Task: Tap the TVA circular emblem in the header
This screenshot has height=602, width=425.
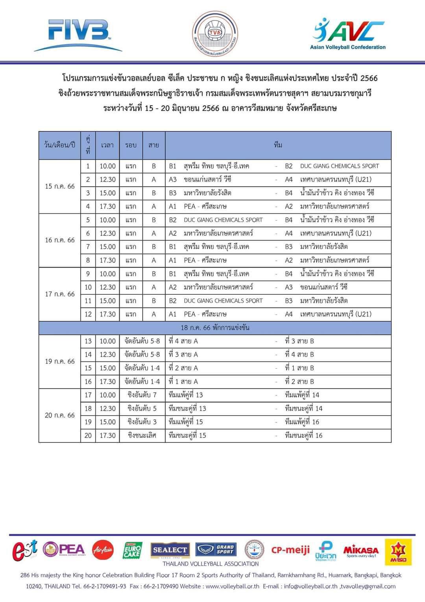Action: click(215, 33)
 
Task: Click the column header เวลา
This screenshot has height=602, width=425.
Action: click(107, 145)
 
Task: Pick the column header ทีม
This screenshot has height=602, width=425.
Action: click(278, 145)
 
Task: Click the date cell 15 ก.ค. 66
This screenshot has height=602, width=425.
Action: click(59, 186)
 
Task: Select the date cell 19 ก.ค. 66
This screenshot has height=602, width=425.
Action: click(59, 361)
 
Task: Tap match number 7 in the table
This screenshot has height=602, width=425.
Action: click(88, 247)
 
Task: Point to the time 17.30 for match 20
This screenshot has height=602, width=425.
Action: click(107, 435)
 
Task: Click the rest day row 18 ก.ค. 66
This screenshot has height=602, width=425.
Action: click(215, 327)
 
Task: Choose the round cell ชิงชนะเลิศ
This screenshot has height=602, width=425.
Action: click(142, 435)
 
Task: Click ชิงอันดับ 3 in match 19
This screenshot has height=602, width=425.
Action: click(142, 422)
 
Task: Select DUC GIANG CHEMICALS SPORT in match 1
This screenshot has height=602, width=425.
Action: click(339, 166)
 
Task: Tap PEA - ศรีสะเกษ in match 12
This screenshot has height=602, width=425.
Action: click(205, 314)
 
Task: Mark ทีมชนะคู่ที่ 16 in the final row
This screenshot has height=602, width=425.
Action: click(303, 435)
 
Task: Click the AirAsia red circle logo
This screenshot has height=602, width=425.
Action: click(103, 550)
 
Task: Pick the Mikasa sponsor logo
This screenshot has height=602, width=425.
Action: click(361, 550)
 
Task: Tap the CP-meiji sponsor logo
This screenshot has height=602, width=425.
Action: click(290, 550)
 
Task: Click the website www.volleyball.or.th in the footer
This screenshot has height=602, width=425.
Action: click(232, 586)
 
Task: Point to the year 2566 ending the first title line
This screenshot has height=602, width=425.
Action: click(369, 78)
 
